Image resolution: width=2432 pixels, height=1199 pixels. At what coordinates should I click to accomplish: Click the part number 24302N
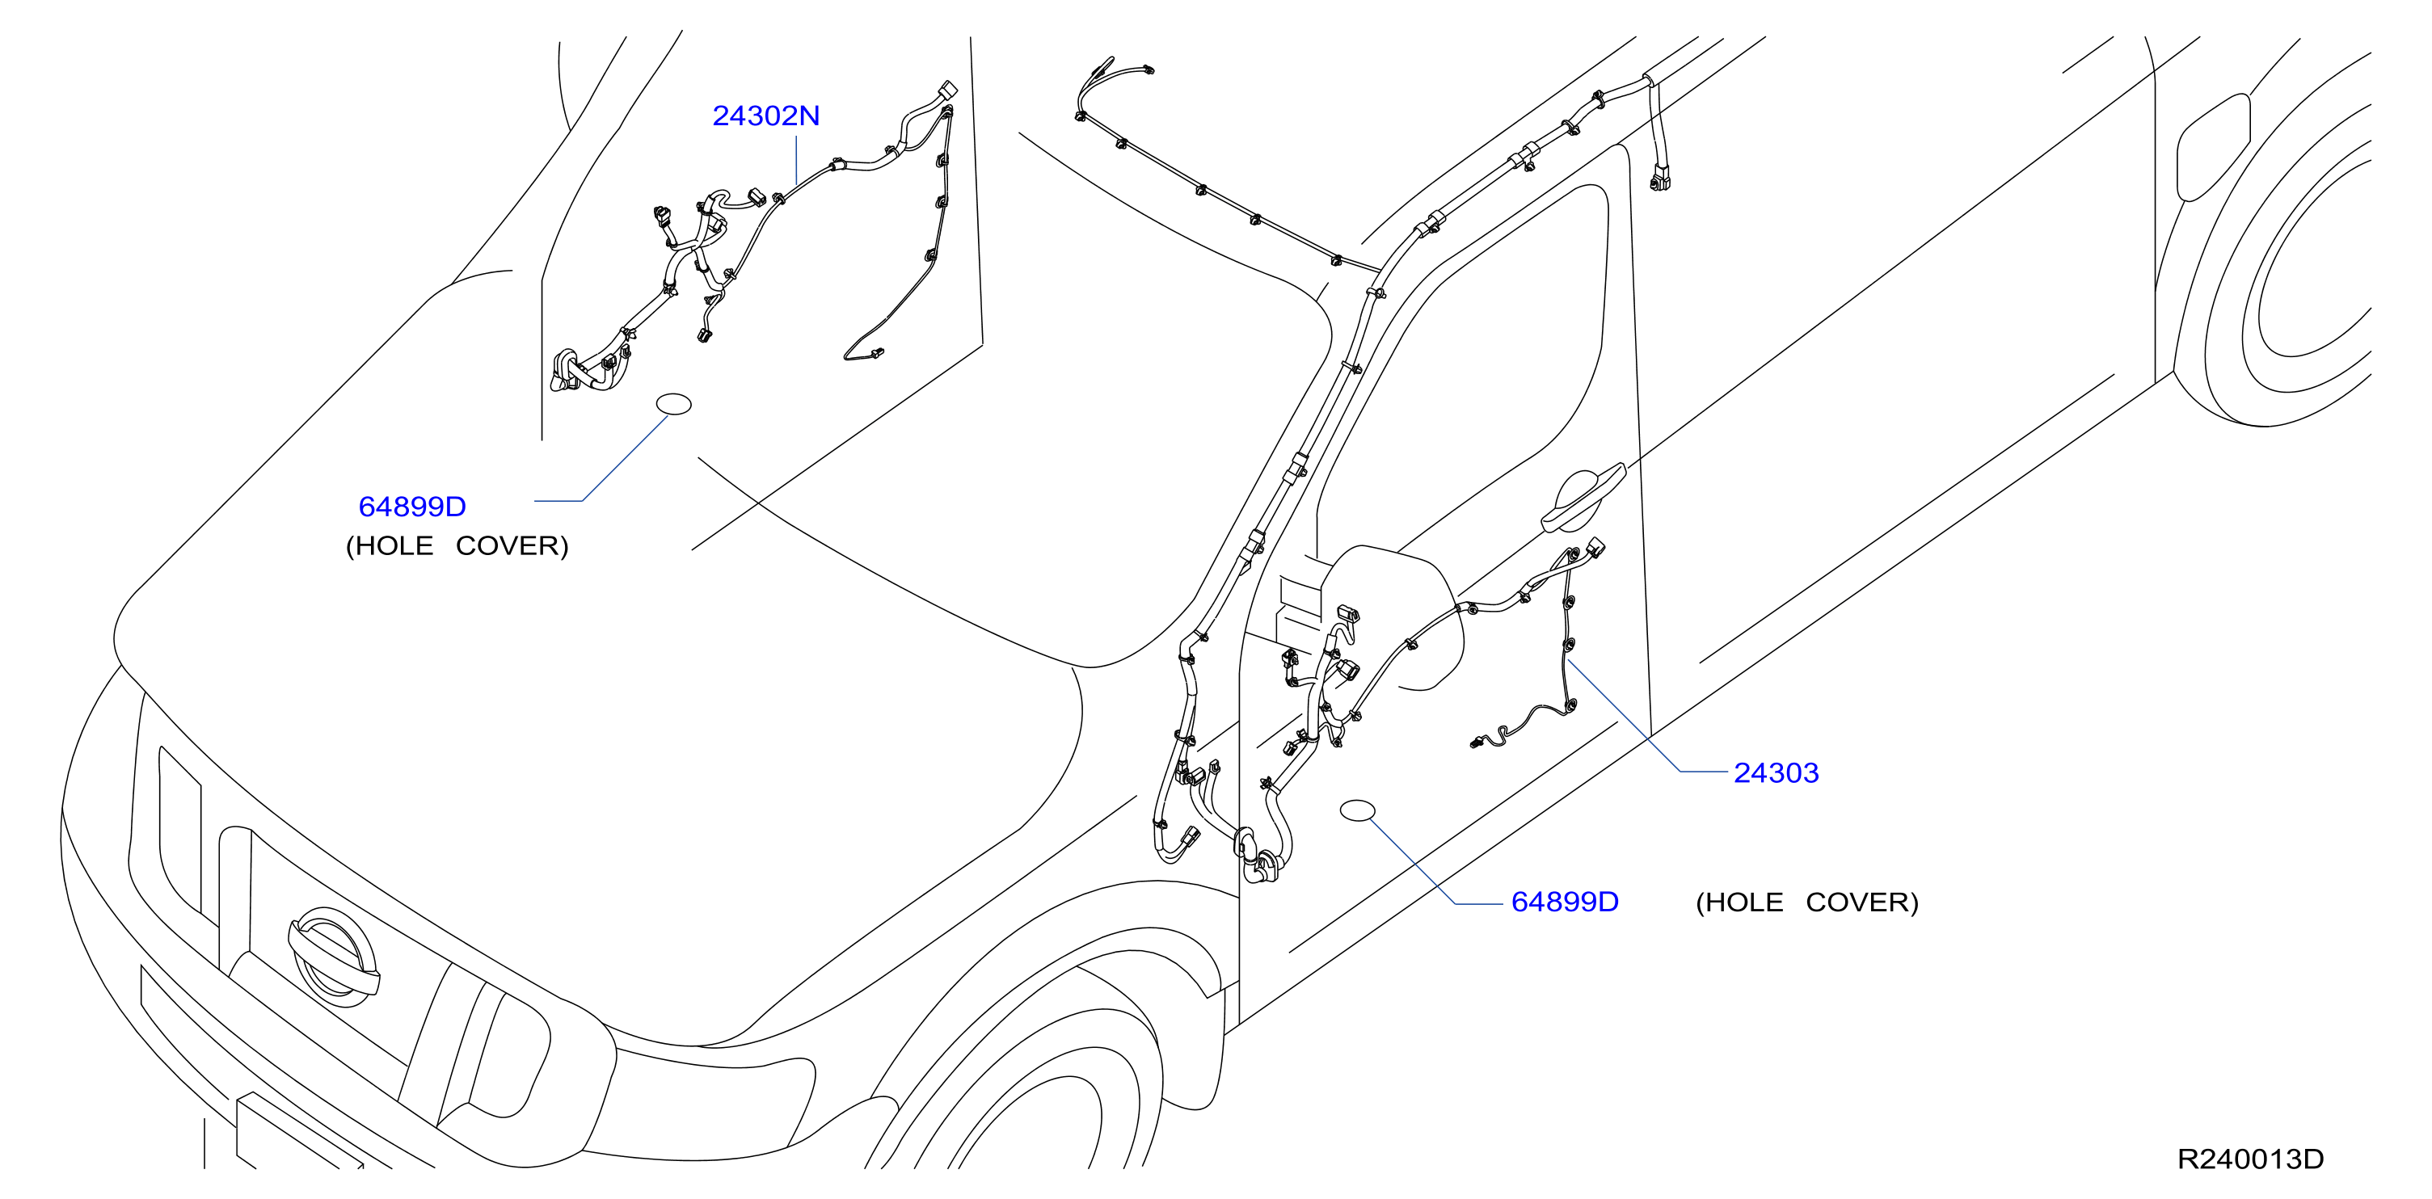pos(765,116)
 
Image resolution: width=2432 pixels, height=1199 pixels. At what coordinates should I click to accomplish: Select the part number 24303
pos(1776,772)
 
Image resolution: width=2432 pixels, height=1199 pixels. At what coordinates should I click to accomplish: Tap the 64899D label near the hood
pos(412,506)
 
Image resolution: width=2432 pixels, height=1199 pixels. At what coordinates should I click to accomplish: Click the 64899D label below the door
pos(1566,902)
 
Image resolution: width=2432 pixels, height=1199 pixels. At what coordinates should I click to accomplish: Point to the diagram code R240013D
pos(2251,1159)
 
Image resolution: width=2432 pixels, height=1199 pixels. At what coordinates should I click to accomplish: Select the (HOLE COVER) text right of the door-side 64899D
pos(1808,902)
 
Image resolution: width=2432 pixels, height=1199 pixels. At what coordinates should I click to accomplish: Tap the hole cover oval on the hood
pos(674,404)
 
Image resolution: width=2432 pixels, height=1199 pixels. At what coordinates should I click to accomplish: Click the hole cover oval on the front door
pos(1358,810)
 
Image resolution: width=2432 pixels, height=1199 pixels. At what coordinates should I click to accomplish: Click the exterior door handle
pos(1584,498)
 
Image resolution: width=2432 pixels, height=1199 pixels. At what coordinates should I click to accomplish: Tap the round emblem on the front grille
pos(332,957)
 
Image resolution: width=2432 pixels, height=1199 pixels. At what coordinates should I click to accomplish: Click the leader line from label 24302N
pos(797,159)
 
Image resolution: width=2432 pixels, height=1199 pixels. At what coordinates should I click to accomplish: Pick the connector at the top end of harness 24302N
pos(947,90)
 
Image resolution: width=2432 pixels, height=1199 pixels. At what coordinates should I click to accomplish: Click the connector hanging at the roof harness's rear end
pos(1659,177)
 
